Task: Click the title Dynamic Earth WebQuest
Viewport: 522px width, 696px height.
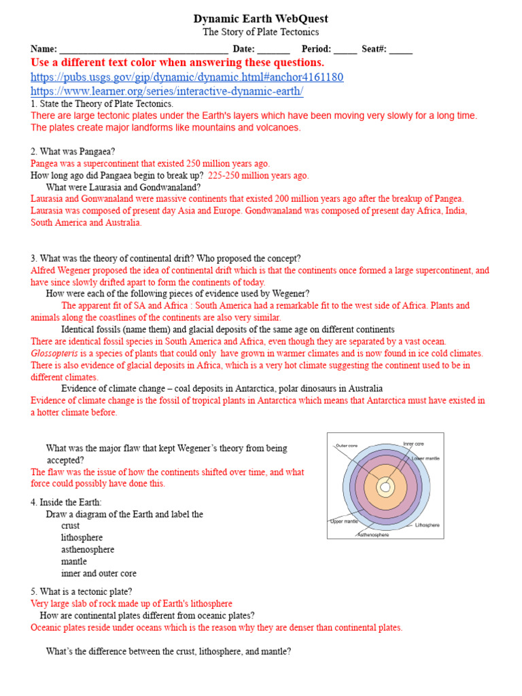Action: (261, 18)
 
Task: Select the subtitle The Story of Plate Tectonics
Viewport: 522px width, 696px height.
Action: (261, 32)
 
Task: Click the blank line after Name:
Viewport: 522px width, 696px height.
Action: (143, 50)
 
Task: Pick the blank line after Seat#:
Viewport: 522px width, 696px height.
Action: (400, 50)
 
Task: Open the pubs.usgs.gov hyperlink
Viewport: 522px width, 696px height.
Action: (187, 77)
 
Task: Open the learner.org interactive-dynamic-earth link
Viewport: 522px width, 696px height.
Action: (167, 90)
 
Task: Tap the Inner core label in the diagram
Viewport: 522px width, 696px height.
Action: (413, 444)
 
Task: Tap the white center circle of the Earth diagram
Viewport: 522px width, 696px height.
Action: (385, 487)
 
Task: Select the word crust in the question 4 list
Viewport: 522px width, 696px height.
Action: (70, 526)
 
